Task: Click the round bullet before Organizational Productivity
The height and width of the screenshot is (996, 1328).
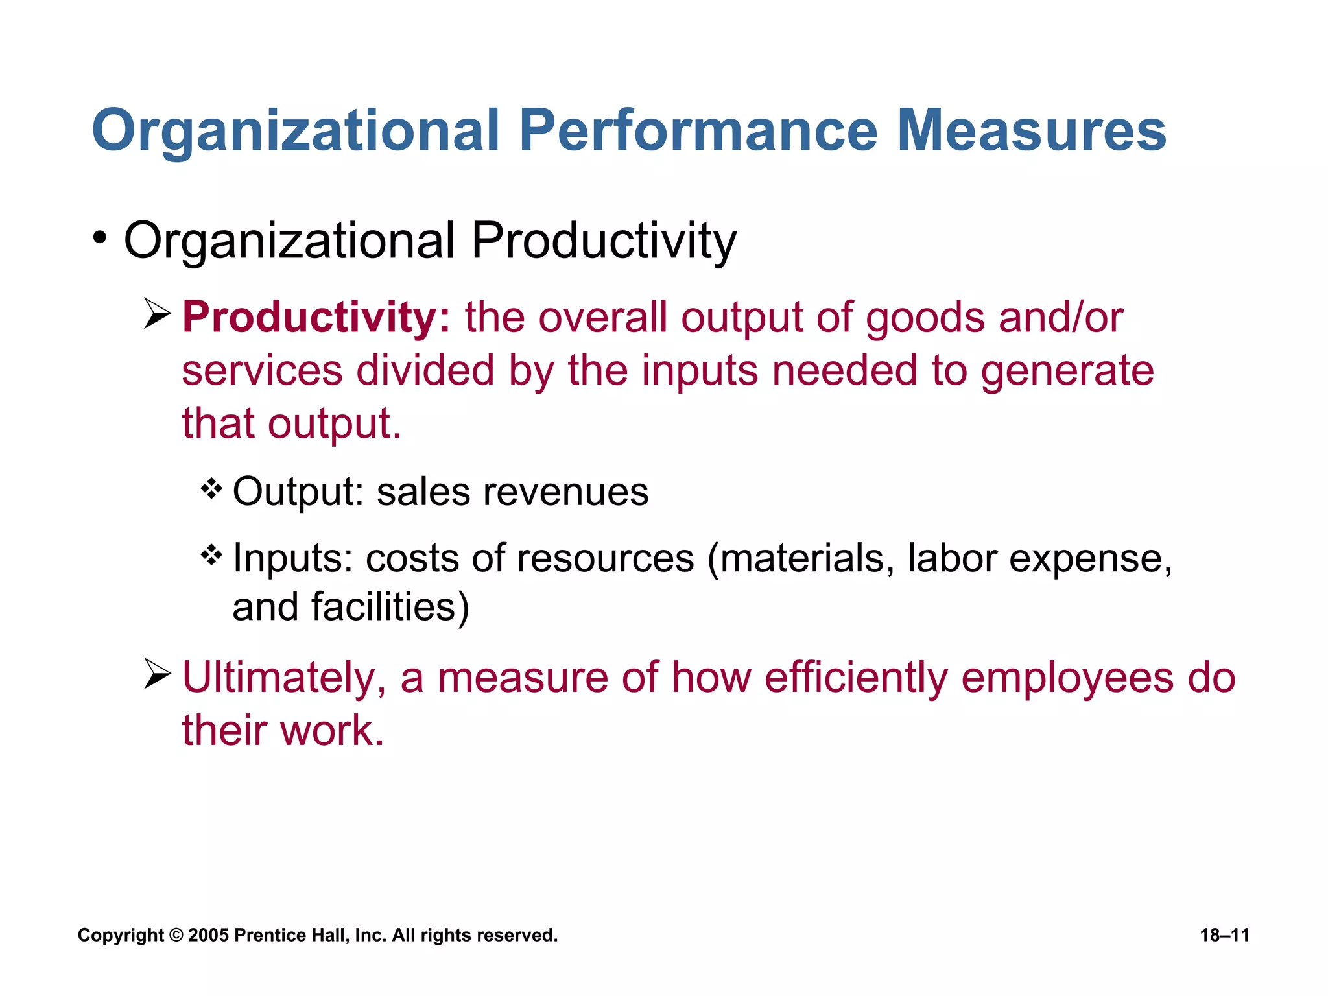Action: point(99,238)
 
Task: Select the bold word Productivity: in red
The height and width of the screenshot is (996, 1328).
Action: point(316,318)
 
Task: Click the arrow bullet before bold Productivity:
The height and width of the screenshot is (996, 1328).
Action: point(157,314)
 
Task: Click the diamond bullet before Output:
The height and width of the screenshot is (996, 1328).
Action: point(211,489)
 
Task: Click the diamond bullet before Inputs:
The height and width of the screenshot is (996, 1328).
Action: point(211,555)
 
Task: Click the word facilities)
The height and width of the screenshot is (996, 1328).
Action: point(390,607)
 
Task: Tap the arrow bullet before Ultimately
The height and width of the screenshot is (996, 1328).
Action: point(157,674)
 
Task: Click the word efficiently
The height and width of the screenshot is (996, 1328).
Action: point(856,678)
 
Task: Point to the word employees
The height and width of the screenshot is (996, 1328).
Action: point(1067,678)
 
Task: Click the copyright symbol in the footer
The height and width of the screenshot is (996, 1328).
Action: point(176,935)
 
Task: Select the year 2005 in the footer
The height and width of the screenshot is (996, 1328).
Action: point(208,935)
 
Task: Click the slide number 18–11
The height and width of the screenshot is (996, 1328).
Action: point(1224,935)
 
